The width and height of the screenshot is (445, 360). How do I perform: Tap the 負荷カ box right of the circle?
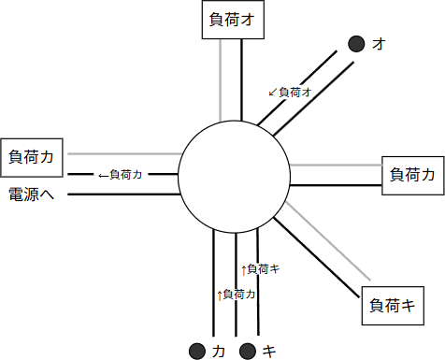[412, 174]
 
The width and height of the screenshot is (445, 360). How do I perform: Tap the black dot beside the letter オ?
[356, 43]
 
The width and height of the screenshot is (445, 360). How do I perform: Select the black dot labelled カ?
[197, 351]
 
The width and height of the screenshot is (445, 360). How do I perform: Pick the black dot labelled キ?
[248, 351]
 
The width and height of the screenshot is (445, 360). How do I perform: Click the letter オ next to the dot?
[378, 43]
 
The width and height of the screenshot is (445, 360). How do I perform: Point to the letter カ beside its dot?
[219, 351]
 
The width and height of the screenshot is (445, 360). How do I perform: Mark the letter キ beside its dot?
[269, 351]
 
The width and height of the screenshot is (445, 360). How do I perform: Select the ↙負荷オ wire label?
[289, 92]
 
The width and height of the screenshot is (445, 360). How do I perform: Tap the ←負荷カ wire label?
[119, 174]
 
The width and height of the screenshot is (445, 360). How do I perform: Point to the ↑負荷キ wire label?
[261, 269]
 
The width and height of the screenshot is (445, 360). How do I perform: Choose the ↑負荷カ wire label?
[236, 294]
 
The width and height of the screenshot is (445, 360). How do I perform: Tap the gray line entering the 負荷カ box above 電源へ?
[122, 153]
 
